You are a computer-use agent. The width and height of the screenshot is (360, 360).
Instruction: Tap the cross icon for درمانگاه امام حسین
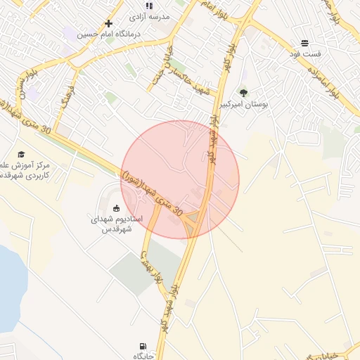point(109,24)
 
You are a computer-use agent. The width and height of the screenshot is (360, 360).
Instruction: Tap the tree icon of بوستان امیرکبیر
point(243,92)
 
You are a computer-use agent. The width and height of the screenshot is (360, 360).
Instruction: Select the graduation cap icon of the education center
point(21,154)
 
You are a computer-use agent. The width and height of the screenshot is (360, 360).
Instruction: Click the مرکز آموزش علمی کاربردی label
point(22,169)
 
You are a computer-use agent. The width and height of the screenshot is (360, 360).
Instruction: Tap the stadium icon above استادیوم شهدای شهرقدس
point(116,207)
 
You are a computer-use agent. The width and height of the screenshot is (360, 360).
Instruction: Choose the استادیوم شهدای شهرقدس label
point(116,224)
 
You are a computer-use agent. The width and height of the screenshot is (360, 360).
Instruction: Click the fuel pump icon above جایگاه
point(144,346)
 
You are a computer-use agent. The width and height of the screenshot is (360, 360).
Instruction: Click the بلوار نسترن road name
point(23,89)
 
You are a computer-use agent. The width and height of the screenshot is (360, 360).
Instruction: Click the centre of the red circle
point(180,179)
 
